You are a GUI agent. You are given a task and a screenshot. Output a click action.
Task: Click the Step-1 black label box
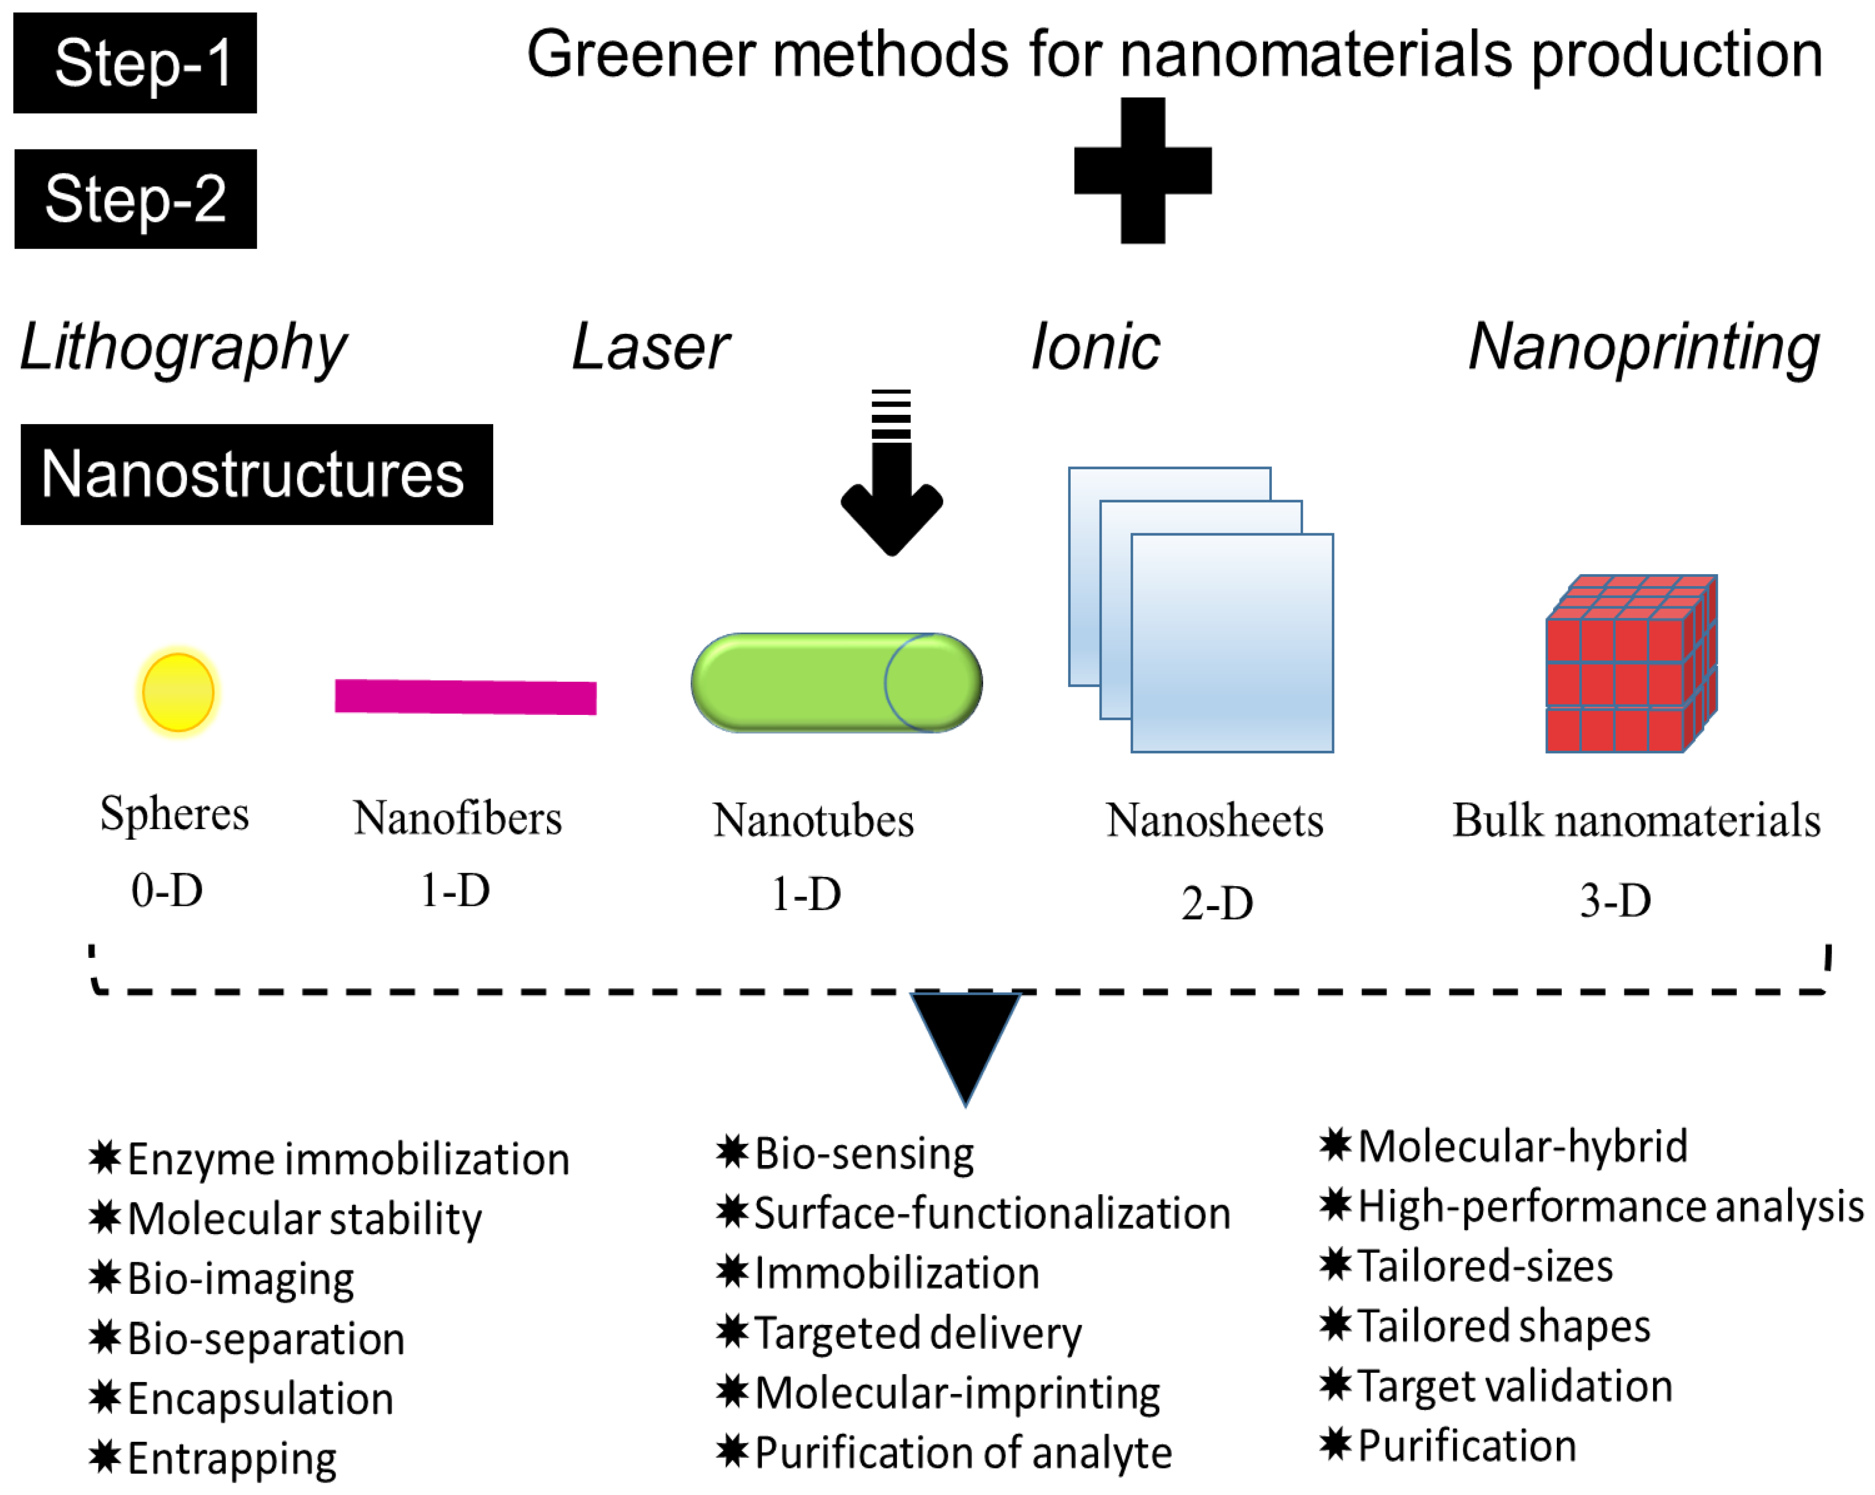click(135, 63)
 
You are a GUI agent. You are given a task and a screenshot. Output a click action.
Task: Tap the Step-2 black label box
click(135, 199)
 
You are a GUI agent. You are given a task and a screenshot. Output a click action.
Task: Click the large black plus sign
click(1142, 170)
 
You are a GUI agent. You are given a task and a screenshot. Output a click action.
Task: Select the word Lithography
click(183, 348)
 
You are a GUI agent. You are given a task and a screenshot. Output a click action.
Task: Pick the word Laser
click(650, 348)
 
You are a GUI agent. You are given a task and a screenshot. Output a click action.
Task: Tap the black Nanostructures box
click(257, 475)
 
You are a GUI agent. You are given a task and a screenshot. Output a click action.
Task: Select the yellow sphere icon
click(178, 693)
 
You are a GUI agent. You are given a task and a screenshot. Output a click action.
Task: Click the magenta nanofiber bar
click(465, 696)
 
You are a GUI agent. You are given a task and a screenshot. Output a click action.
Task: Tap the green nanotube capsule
click(836, 683)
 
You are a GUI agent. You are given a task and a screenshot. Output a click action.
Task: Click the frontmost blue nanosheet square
click(1232, 643)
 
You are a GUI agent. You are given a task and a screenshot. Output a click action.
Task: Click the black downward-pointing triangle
click(965, 1039)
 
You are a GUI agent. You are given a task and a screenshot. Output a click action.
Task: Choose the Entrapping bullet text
click(231, 1459)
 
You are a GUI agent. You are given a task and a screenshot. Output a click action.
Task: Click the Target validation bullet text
click(1514, 1386)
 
